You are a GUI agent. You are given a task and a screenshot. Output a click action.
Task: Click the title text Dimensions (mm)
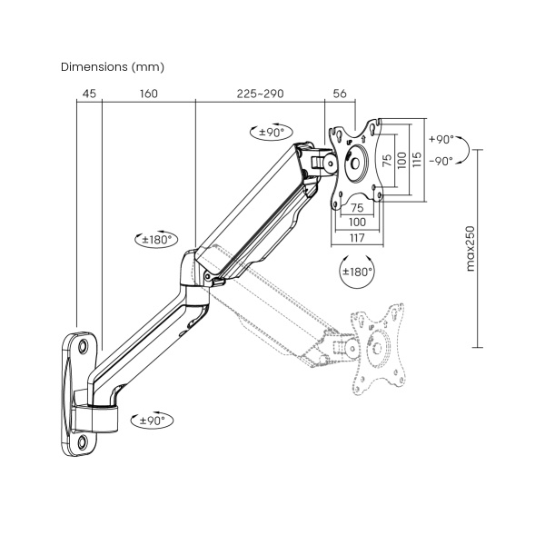112,67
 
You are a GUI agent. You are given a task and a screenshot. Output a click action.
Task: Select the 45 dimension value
89,94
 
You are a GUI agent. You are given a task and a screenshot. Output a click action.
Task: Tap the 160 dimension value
149,94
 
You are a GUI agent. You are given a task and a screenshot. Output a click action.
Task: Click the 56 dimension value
340,94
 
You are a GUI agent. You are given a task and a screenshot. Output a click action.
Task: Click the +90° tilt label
441,140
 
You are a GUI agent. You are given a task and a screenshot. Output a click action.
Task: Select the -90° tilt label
441,161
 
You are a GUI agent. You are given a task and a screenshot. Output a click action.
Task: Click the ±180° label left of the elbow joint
155,240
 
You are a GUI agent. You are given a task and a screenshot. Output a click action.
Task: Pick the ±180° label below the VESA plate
357,272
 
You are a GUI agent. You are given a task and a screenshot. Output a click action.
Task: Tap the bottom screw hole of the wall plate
84,442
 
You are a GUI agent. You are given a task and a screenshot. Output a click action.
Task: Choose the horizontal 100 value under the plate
357,222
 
